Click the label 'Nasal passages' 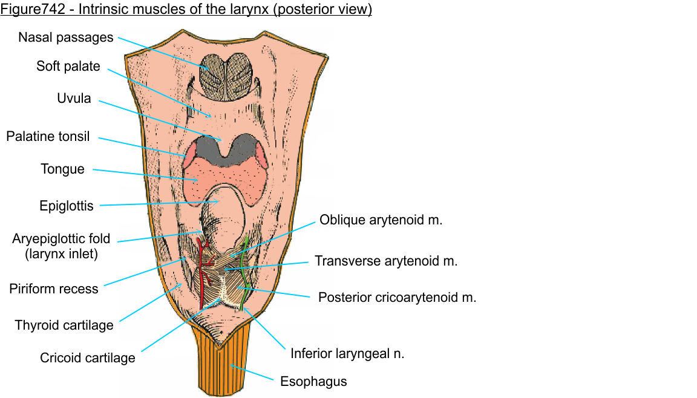point(65,38)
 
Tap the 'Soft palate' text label point(68,66)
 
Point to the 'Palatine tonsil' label point(48,136)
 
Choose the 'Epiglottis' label point(67,206)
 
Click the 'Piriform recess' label point(53,289)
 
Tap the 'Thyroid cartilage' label point(64,325)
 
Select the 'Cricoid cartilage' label point(88,357)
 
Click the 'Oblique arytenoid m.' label point(381,220)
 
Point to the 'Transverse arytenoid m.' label point(386,261)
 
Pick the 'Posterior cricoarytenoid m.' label point(397,298)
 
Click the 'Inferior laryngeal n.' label point(347,353)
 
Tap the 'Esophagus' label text point(313,382)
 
